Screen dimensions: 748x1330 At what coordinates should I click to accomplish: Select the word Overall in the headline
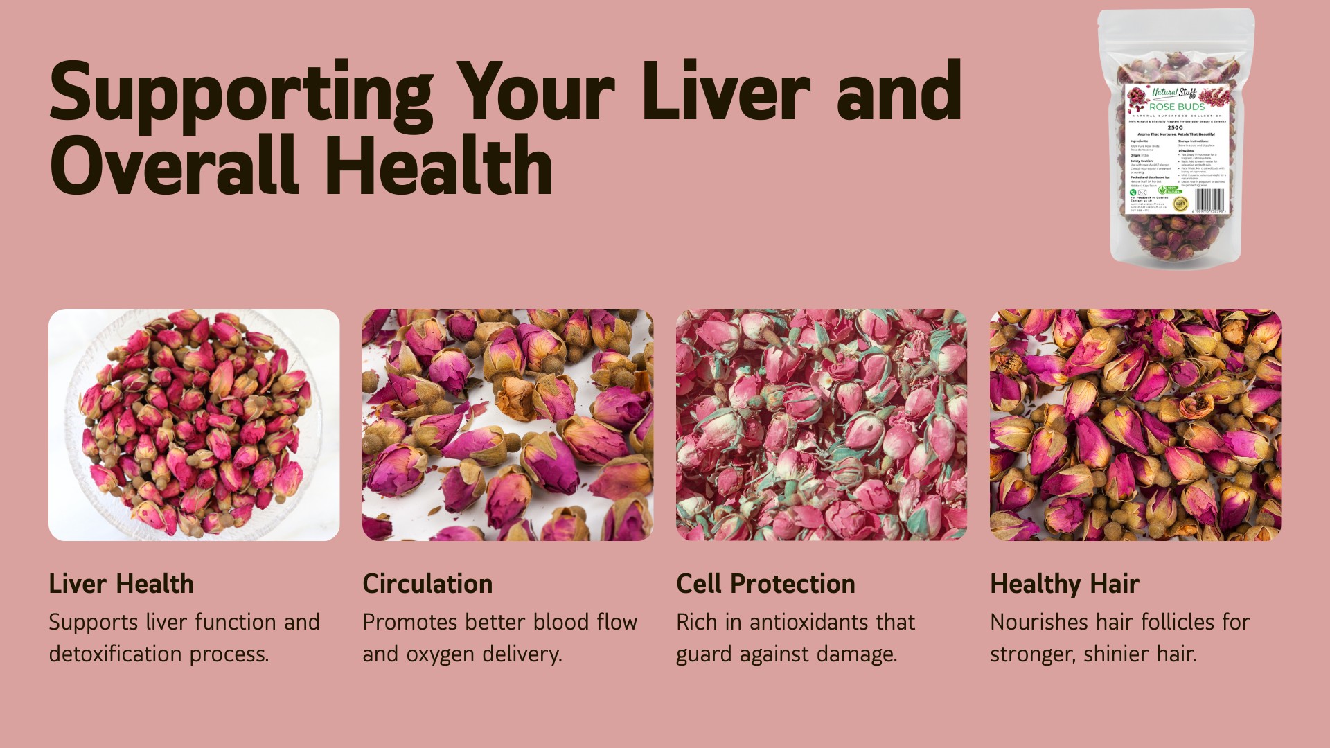click(174, 167)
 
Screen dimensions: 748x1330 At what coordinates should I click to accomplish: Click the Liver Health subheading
click(121, 584)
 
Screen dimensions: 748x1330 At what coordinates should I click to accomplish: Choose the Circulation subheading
click(427, 584)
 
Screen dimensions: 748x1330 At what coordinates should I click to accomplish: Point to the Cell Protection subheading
click(765, 584)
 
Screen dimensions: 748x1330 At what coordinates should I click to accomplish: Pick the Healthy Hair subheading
click(1064, 584)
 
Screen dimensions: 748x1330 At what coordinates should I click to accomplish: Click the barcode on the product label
click(1209, 200)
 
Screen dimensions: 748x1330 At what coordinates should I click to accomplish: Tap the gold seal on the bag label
click(1180, 203)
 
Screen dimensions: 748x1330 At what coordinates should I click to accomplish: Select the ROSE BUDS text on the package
click(1177, 107)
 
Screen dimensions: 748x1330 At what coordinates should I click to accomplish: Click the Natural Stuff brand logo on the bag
click(1173, 92)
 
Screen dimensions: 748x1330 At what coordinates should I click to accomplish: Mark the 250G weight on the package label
click(1176, 127)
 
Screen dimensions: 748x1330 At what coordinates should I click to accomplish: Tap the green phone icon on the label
click(1133, 193)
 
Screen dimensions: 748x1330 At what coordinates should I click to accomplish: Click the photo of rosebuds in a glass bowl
click(194, 425)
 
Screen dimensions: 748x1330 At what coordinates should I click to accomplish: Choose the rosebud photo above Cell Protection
click(821, 425)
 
